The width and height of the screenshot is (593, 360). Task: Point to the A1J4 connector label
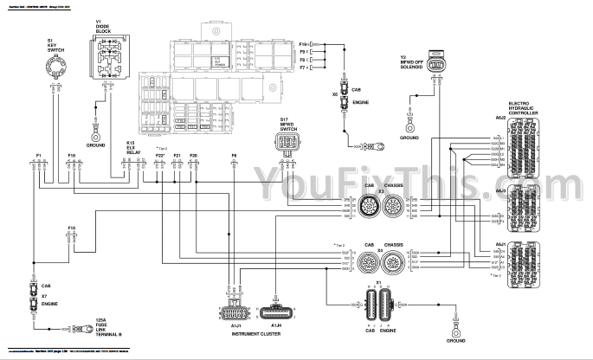point(275,325)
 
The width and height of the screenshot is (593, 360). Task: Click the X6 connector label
point(335,93)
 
